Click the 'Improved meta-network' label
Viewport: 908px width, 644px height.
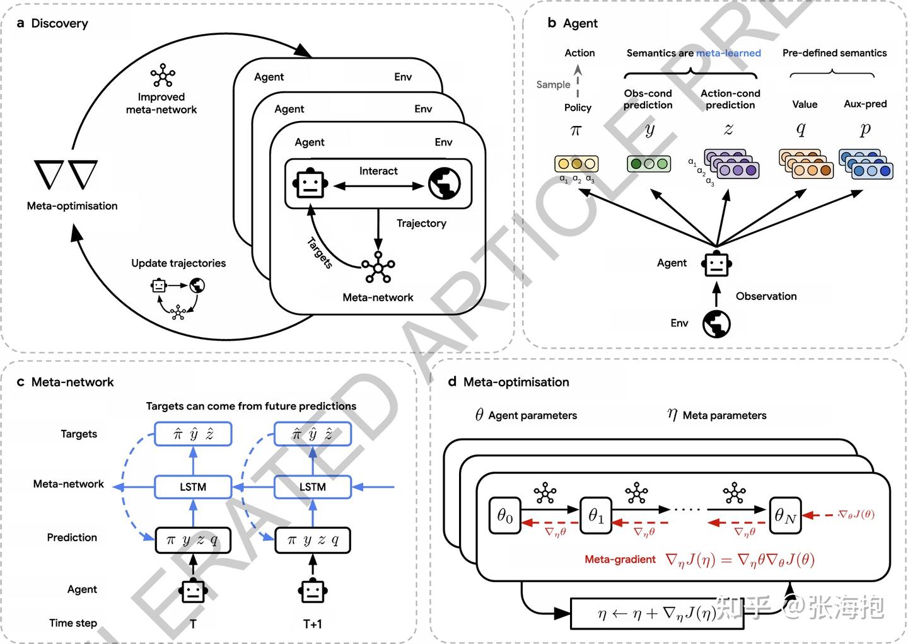coord(161,103)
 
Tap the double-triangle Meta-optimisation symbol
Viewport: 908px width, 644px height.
coord(66,175)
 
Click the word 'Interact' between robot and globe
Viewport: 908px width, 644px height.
coord(378,171)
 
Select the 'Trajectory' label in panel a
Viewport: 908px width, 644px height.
coord(421,223)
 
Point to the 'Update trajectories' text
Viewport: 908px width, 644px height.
coord(178,263)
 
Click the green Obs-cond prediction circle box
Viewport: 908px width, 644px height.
coord(648,164)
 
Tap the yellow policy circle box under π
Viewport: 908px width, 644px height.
coord(576,164)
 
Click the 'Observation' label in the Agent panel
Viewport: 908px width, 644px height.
coord(766,296)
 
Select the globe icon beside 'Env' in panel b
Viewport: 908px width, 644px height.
coord(716,324)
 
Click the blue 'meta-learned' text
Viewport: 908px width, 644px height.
coord(728,53)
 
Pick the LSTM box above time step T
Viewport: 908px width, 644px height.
coord(193,487)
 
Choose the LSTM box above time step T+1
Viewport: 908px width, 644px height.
coord(313,487)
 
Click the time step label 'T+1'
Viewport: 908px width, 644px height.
coord(313,624)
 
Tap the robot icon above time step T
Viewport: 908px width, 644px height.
coord(193,591)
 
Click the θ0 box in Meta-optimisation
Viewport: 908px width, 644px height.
coord(505,516)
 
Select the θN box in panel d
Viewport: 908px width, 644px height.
coord(785,516)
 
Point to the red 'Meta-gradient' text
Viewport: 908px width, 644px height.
coord(620,560)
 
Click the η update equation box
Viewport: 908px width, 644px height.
coord(656,613)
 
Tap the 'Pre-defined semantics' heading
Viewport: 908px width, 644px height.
coord(834,53)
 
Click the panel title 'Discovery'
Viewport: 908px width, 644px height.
coord(59,23)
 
